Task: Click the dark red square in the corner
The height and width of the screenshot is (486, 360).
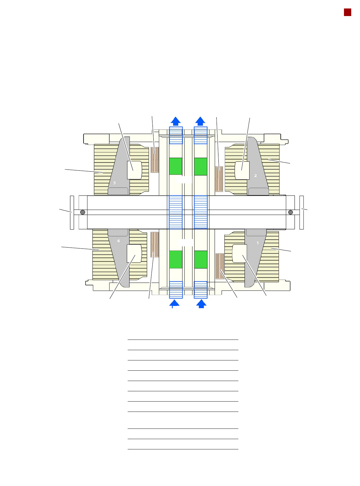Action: click(x=347, y=12)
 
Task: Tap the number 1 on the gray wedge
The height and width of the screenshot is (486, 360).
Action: click(x=257, y=243)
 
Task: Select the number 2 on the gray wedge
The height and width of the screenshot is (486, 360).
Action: click(x=255, y=176)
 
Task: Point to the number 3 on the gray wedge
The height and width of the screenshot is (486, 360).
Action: click(x=114, y=183)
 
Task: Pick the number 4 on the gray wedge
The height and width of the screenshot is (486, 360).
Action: click(x=118, y=241)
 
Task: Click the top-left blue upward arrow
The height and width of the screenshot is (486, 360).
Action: click(x=175, y=121)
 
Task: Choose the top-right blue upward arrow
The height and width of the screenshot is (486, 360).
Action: click(x=200, y=121)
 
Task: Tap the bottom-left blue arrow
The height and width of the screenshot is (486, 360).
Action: click(x=174, y=304)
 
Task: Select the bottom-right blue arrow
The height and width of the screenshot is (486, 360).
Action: click(x=201, y=304)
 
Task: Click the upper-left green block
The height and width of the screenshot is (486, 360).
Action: click(x=175, y=166)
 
